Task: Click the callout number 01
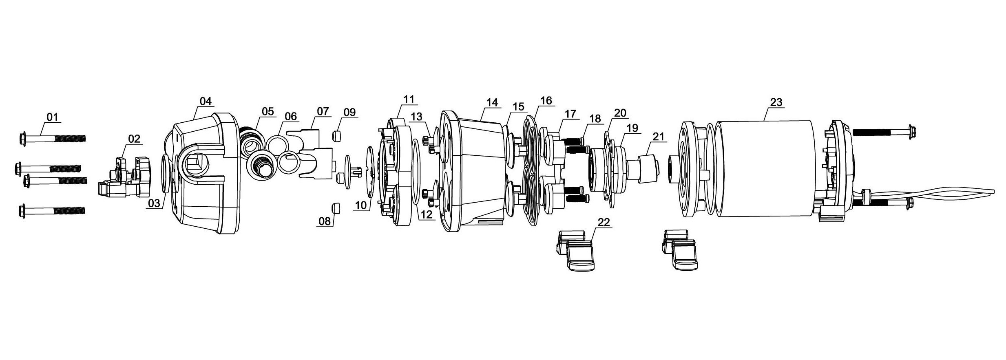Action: pyautogui.click(x=52, y=117)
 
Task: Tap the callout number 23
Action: pyautogui.click(x=776, y=102)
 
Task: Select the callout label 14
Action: pyautogui.click(x=492, y=102)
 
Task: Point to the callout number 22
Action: pyautogui.click(x=604, y=222)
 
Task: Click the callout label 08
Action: pyautogui.click(x=325, y=221)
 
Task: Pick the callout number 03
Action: pyautogui.click(x=154, y=203)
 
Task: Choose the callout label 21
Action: pyautogui.click(x=659, y=137)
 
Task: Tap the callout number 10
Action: pyautogui.click(x=361, y=206)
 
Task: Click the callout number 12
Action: pyautogui.click(x=427, y=214)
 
